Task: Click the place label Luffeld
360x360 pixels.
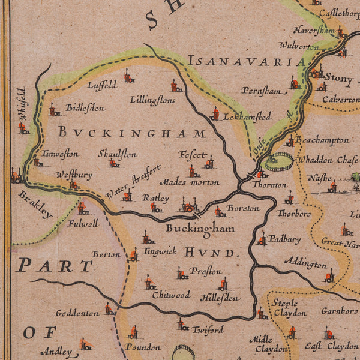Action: click(x=102, y=85)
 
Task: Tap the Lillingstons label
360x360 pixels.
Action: click(x=152, y=100)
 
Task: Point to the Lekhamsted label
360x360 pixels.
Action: click(x=247, y=116)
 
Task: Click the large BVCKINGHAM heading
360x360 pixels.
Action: click(x=131, y=133)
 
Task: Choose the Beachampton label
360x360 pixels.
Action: click(x=322, y=140)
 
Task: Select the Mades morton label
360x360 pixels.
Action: click(x=189, y=182)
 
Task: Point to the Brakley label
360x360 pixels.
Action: click(x=35, y=205)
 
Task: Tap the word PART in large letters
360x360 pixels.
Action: click(x=55, y=265)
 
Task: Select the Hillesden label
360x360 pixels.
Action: click(x=220, y=297)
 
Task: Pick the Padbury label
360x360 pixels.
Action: click(x=284, y=239)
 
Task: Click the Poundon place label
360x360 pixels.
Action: click(x=143, y=347)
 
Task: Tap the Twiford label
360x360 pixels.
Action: click(x=208, y=329)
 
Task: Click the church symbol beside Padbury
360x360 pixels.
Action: click(x=262, y=238)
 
